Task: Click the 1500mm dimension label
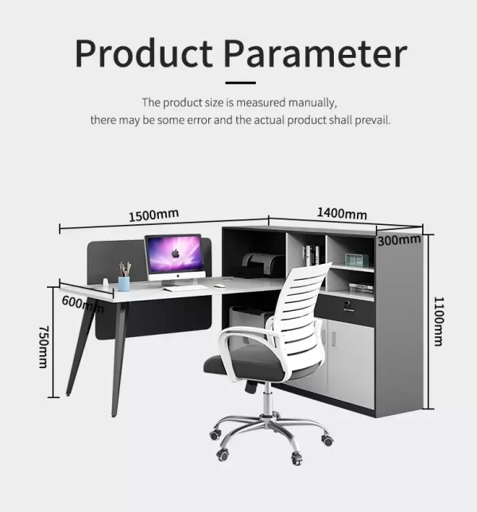tap(153, 215)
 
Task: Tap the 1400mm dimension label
tap(342, 214)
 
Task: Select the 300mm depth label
tap(399, 240)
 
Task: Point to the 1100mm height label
tap(439, 321)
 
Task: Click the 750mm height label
tap(44, 347)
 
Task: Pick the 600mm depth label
tap(83, 304)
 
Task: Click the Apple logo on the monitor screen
tap(176, 253)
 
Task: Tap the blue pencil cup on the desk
tap(124, 284)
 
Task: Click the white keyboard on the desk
tap(185, 289)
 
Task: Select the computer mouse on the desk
tap(220, 286)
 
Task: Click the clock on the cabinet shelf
tap(357, 260)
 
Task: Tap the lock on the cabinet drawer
tap(348, 306)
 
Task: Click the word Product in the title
tap(144, 53)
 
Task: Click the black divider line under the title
tap(240, 83)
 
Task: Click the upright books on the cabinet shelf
tap(311, 255)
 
